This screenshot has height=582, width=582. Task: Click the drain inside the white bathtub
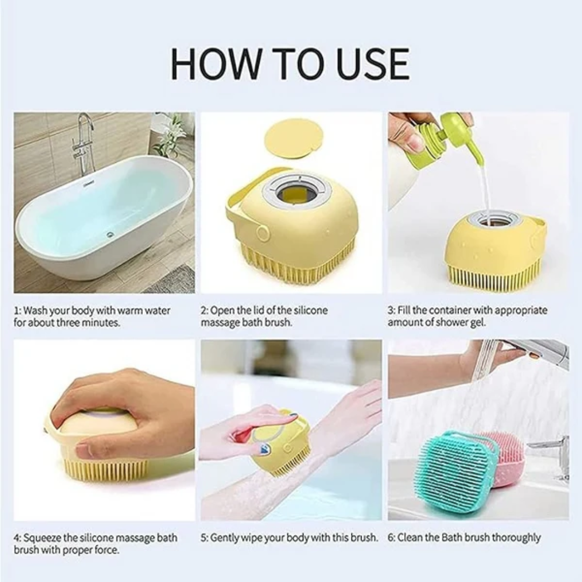(110, 234)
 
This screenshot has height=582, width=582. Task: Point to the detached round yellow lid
(294, 138)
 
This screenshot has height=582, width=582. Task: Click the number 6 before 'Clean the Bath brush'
(391, 538)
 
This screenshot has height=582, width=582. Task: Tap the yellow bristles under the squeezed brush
(105, 469)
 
